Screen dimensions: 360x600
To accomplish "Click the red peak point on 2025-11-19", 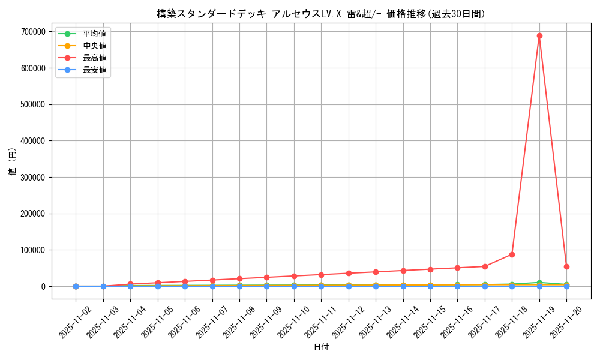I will [539, 35].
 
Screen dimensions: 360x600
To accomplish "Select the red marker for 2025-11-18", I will [512, 254].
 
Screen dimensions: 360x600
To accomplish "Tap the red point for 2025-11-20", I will [566, 266].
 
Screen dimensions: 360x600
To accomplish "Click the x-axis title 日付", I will [321, 347].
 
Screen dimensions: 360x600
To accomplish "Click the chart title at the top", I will [321, 14].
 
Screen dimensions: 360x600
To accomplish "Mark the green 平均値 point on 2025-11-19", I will [539, 283].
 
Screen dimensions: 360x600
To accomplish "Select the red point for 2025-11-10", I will [294, 276].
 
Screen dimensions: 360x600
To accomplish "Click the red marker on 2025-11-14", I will [403, 271].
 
